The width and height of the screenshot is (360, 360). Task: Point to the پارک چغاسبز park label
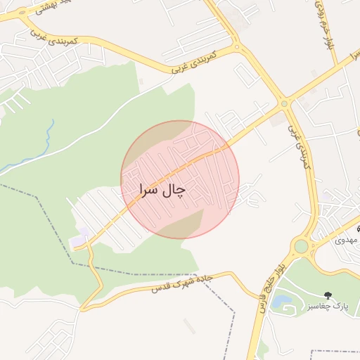point(326,307)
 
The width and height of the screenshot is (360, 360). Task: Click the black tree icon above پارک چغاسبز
point(326,295)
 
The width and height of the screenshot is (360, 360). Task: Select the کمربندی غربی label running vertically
point(297,141)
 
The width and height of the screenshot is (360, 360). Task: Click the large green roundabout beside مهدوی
point(301,246)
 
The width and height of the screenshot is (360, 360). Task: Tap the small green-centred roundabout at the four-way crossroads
point(285,103)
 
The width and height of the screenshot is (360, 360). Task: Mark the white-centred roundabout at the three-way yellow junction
point(237,48)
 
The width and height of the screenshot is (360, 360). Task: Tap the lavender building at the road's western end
point(77,241)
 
